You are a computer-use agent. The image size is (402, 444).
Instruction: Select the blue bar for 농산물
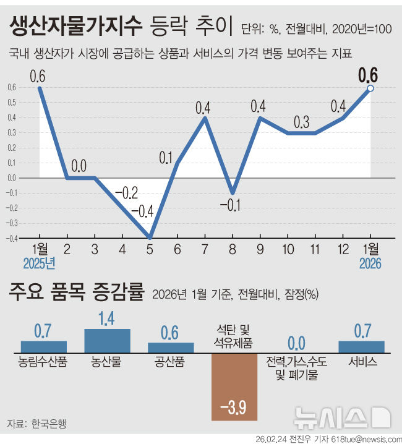107,340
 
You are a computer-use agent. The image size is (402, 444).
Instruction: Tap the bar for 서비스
362,346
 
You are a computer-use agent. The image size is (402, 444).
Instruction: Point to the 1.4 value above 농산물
107,320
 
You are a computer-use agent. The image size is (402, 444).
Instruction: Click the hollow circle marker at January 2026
370,89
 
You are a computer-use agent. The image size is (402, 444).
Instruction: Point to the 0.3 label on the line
301,122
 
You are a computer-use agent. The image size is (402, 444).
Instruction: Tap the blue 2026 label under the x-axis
370,263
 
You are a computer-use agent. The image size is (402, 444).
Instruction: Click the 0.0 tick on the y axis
12,178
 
